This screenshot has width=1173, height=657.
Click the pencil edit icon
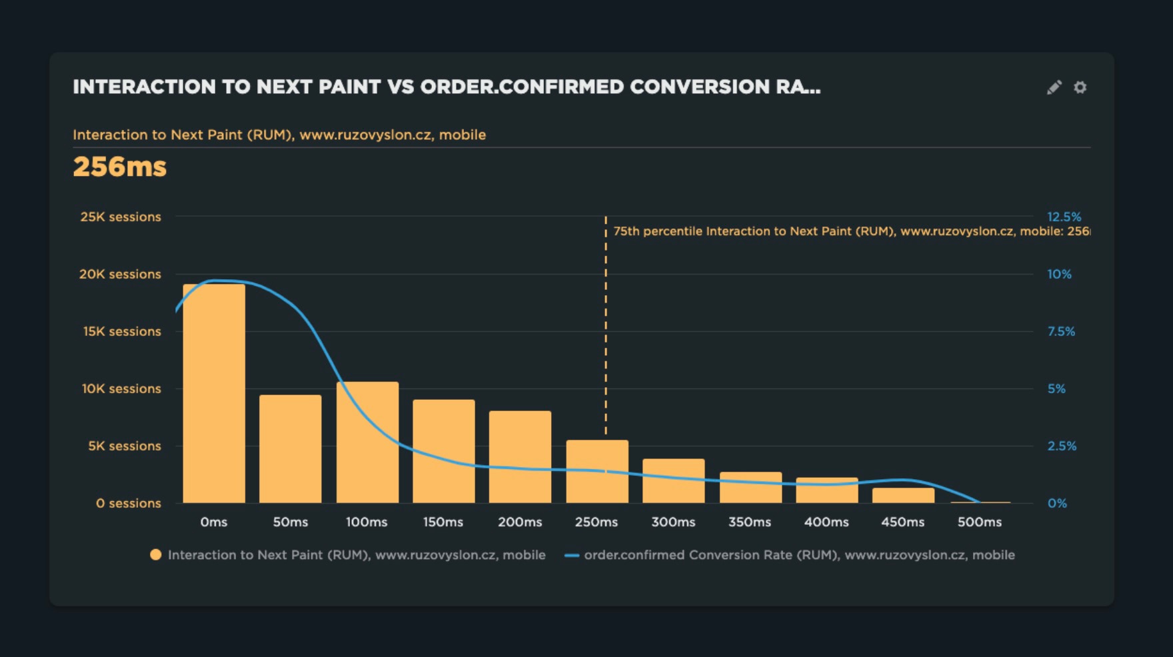coord(1054,87)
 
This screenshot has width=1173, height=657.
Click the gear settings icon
coord(1080,87)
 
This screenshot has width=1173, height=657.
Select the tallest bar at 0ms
coord(214,393)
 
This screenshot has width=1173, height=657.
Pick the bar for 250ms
coord(597,471)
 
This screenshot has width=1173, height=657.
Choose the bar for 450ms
coord(903,495)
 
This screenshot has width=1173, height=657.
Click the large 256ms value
coord(120,167)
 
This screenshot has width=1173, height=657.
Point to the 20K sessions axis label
coord(120,274)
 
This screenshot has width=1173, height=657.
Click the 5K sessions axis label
coord(125,446)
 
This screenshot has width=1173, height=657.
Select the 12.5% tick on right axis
coord(1064,217)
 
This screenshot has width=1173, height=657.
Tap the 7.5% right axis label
coord(1061,331)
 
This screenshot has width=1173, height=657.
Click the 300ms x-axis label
coord(673,522)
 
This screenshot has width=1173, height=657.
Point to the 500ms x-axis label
coord(979,522)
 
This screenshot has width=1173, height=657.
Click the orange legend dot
coord(156,554)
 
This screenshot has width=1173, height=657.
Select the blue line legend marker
coord(571,555)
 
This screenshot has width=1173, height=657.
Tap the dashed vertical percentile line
coord(606,333)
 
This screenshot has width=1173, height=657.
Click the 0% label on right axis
coord(1057,503)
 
